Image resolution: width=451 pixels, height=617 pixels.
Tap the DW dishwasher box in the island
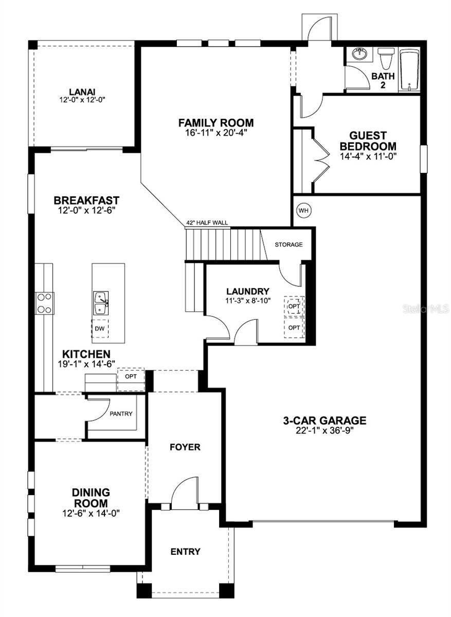point(100,328)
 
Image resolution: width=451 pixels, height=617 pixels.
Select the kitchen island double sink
point(100,303)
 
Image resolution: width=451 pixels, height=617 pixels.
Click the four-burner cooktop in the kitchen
point(44,303)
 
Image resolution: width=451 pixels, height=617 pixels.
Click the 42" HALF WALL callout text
point(207,223)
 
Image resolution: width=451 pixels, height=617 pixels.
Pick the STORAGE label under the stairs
point(288,244)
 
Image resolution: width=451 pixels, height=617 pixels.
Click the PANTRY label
point(121,413)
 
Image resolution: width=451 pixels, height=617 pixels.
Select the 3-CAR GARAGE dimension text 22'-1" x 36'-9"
point(324,431)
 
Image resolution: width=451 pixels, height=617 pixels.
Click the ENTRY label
point(185,552)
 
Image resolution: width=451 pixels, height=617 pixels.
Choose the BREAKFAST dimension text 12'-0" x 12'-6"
point(86,210)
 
